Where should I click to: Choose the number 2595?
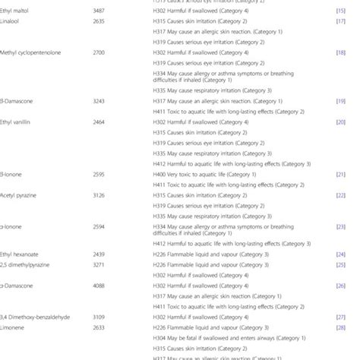pos(98,173)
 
